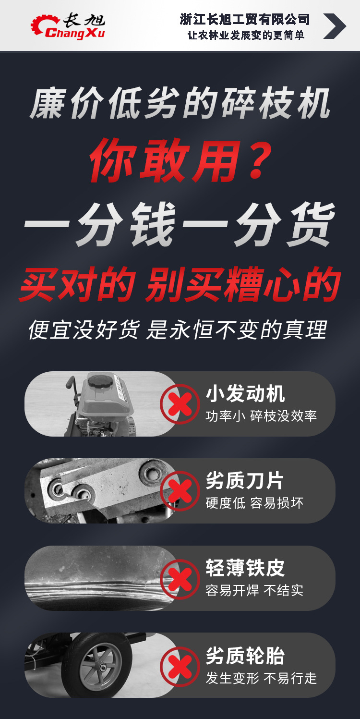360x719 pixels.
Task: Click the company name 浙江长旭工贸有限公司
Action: pyautogui.click(x=245, y=19)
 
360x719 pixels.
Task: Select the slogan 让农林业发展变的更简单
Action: pyautogui.click(x=246, y=36)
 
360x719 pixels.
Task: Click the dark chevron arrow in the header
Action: pyautogui.click(x=334, y=26)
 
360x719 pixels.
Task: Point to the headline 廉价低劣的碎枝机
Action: pyautogui.click(x=180, y=104)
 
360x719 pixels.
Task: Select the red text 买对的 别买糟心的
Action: pyautogui.click(x=180, y=284)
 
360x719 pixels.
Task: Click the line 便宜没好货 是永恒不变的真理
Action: pyautogui.click(x=178, y=330)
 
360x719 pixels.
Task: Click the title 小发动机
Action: pyautogui.click(x=245, y=394)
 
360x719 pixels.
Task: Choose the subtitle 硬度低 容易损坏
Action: pyautogui.click(x=254, y=503)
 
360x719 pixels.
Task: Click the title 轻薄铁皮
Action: pyautogui.click(x=245, y=568)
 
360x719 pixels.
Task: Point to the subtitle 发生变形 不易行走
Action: pyautogui.click(x=262, y=678)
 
